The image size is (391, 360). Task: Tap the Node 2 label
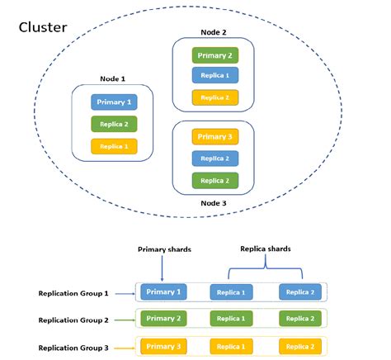tap(213, 32)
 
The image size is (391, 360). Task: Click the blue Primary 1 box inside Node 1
tap(114, 102)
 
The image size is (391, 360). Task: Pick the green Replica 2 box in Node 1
tap(114, 125)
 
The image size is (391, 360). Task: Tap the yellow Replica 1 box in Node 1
tap(114, 147)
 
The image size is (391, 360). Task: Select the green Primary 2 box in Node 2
tap(214, 55)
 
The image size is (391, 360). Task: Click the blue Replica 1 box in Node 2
tap(214, 76)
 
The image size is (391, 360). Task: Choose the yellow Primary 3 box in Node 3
tap(214, 137)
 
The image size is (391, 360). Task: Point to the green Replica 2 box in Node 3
tap(214, 180)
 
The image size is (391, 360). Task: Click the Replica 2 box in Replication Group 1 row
tap(301, 292)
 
